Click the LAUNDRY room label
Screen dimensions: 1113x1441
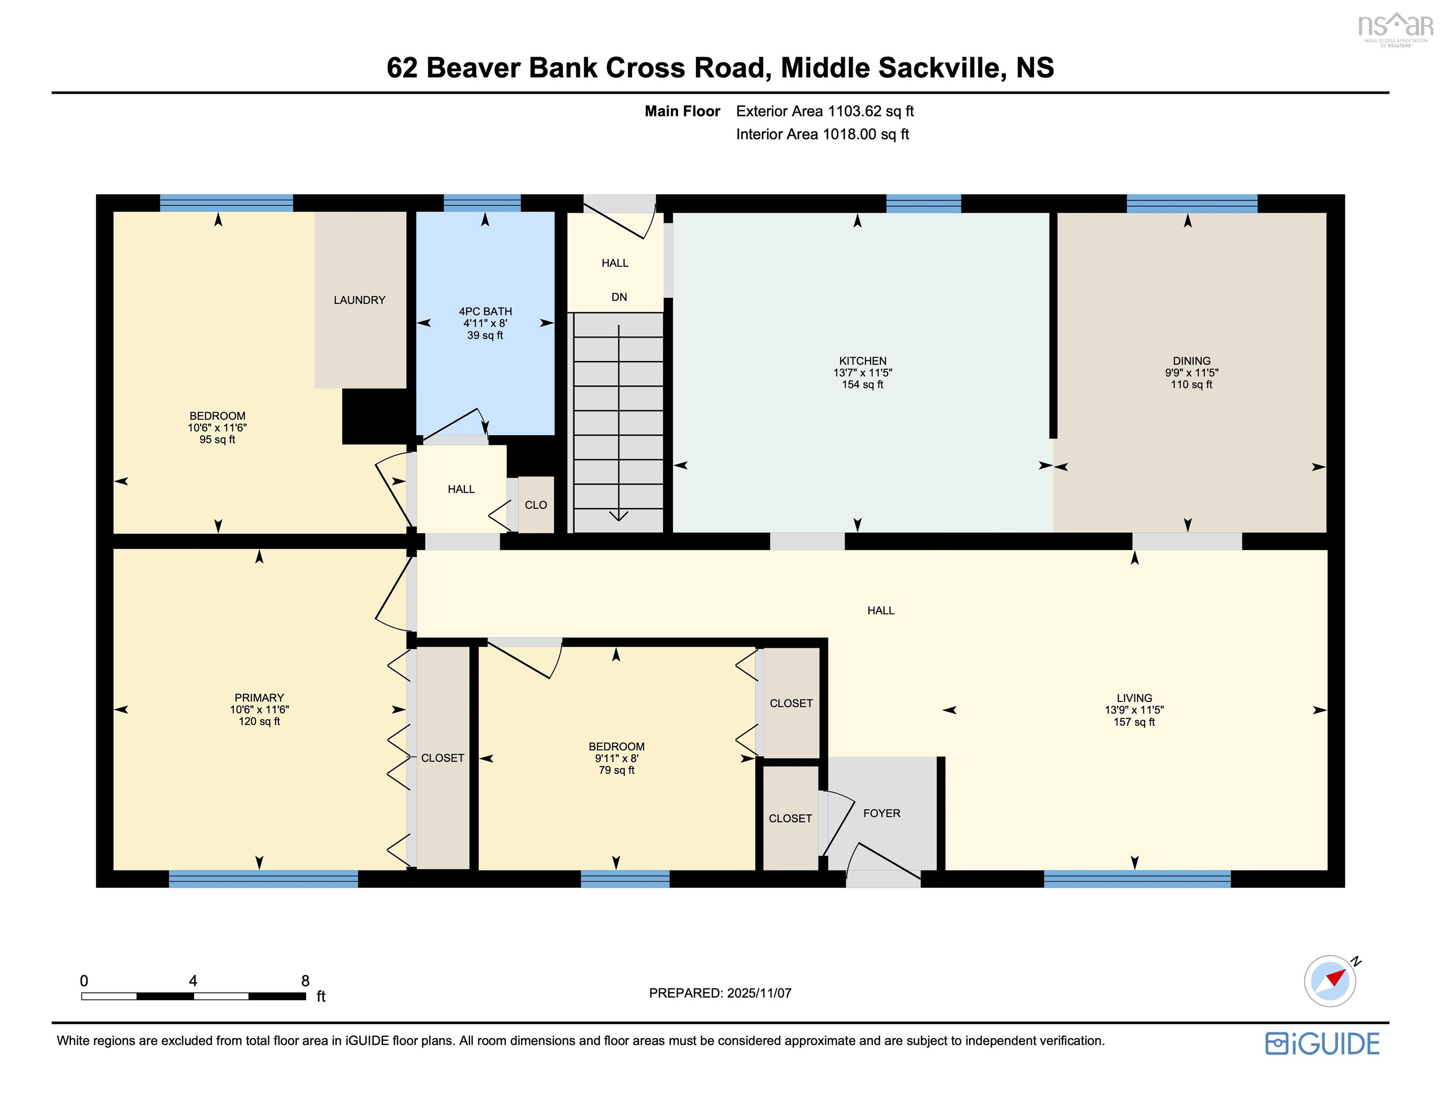coord(359,300)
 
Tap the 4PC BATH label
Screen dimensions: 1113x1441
coord(485,312)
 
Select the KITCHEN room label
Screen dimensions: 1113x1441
coord(863,361)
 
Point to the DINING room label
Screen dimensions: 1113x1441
coord(1191,361)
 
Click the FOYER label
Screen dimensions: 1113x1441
coord(881,813)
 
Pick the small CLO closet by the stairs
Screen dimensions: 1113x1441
coord(536,505)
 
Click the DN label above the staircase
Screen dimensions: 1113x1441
coord(619,298)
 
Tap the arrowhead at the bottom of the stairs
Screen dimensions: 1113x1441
coord(619,515)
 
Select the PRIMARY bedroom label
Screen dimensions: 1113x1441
coord(259,698)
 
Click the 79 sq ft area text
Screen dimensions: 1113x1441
coord(616,771)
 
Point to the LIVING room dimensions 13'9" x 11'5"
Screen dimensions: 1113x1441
coord(1134,711)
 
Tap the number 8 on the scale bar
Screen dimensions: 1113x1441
coord(305,981)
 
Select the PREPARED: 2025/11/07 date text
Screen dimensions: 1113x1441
coord(720,993)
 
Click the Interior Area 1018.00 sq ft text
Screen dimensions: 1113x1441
coord(822,135)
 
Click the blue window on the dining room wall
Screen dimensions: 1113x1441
coord(1192,203)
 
